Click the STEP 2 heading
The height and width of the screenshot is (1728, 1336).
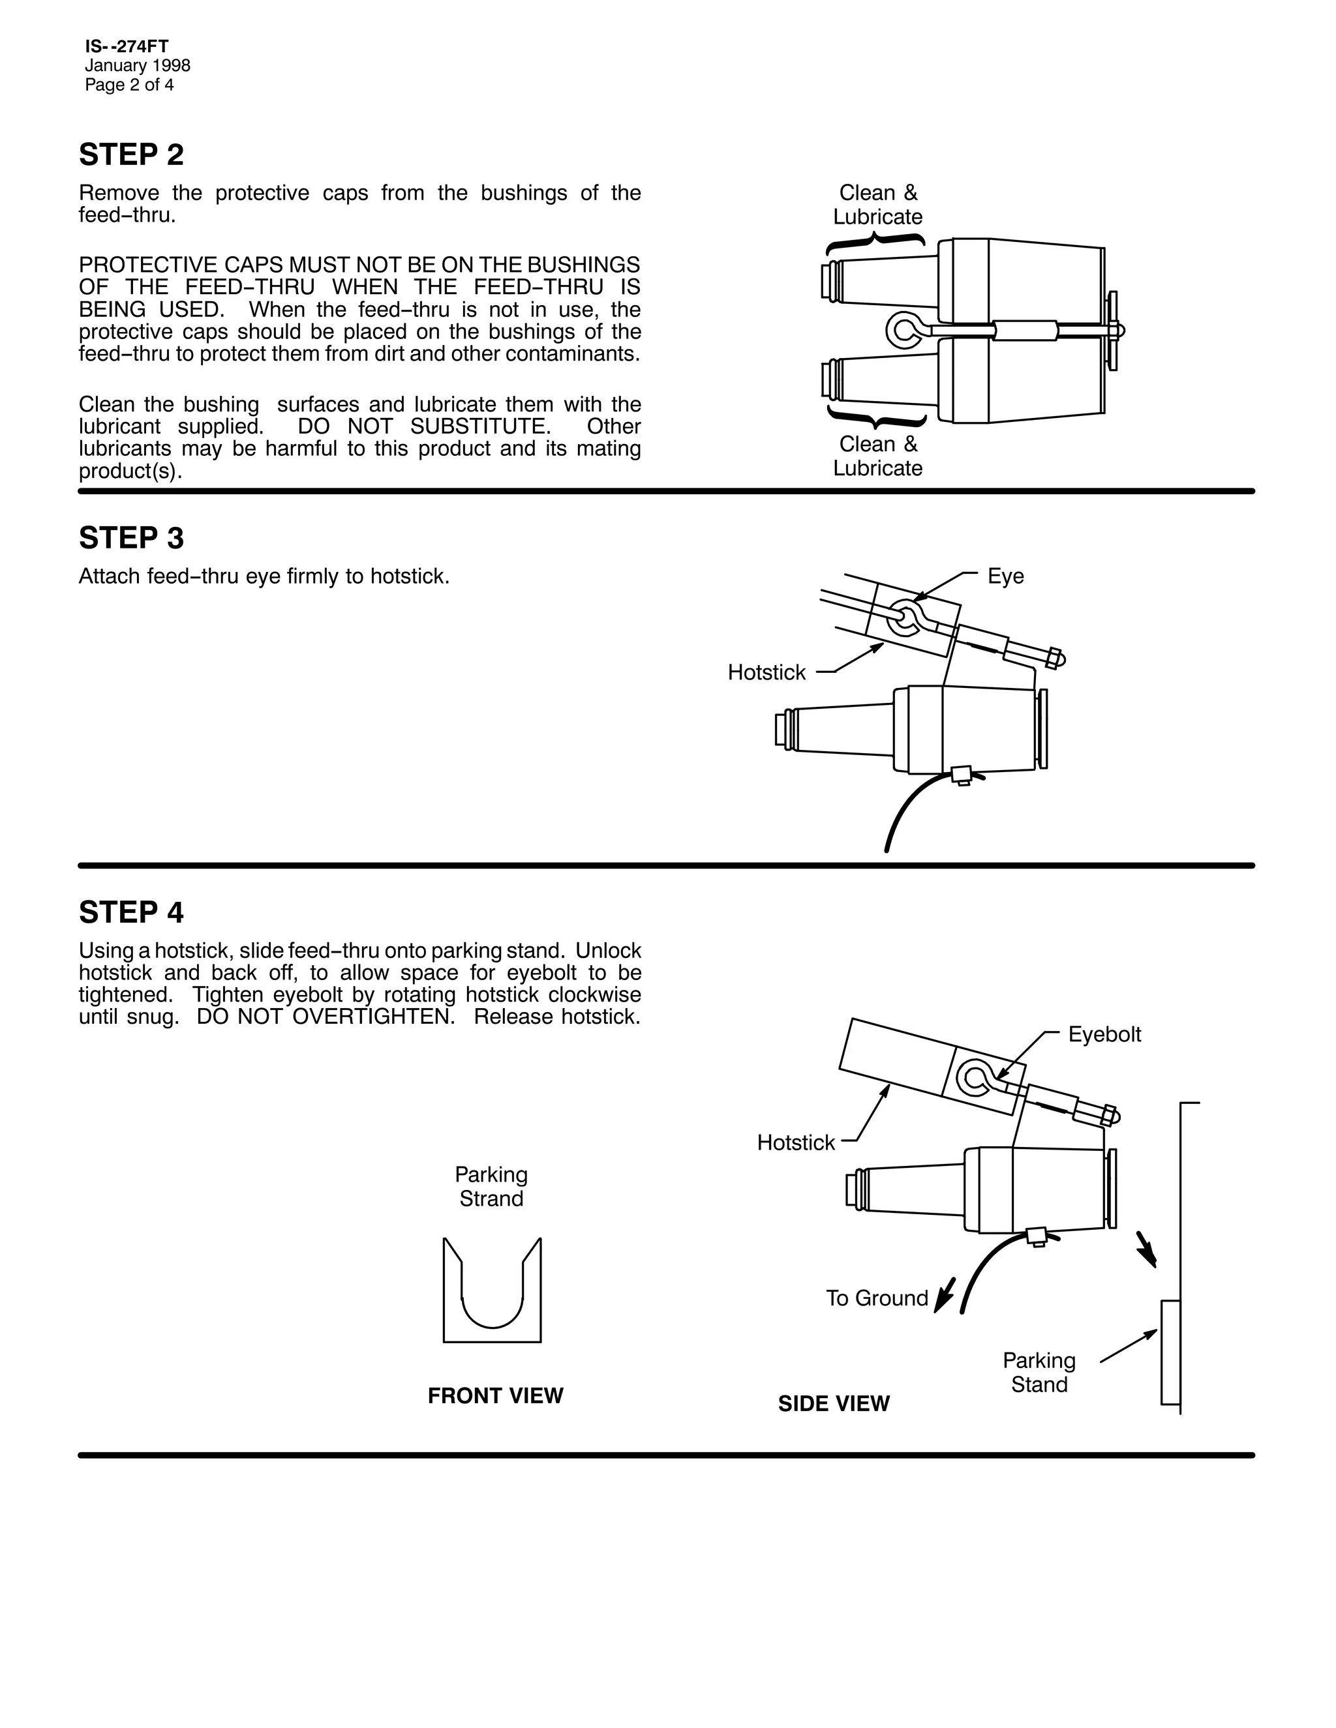pyautogui.click(x=131, y=155)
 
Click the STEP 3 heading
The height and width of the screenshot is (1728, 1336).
pyautogui.click(x=131, y=539)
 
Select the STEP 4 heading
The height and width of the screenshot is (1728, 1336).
pyautogui.click(x=131, y=913)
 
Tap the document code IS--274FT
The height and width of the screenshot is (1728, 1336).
pyautogui.click(x=127, y=47)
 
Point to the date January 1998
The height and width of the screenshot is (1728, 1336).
pyautogui.click(x=138, y=66)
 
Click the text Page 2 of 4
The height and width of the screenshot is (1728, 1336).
pyautogui.click(x=130, y=85)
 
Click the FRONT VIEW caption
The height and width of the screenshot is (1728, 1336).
pyautogui.click(x=496, y=1395)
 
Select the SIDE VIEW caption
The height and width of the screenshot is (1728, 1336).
pyautogui.click(x=834, y=1404)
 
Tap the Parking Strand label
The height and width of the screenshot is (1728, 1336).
pyautogui.click(x=491, y=1187)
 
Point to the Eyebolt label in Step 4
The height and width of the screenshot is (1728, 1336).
pyautogui.click(x=1104, y=1034)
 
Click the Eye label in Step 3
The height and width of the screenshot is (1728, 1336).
pyautogui.click(x=1005, y=576)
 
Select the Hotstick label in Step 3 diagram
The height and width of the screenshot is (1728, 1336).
pyautogui.click(x=766, y=672)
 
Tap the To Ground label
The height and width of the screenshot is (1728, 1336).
pyautogui.click(x=877, y=1298)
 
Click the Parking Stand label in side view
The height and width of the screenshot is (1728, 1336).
pyautogui.click(x=1039, y=1373)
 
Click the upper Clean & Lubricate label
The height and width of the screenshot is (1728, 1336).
pyautogui.click(x=878, y=205)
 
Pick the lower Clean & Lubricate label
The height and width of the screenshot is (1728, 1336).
pyautogui.click(x=878, y=456)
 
